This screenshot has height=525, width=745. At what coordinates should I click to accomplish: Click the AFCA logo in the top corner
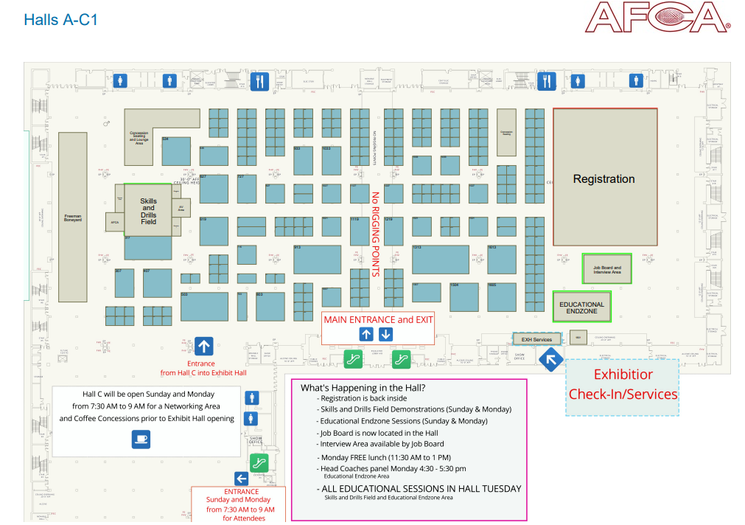pyautogui.click(x=657, y=18)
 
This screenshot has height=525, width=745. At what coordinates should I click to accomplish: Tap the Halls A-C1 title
pyautogui.click(x=60, y=20)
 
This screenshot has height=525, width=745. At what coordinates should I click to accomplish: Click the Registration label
pyautogui.click(x=604, y=178)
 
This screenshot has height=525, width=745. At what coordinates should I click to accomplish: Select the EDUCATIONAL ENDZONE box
pyautogui.click(x=581, y=307)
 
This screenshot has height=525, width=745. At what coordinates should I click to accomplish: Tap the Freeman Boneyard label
pyautogui.click(x=73, y=218)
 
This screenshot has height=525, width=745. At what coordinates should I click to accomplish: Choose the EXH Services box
pyautogui.click(x=536, y=339)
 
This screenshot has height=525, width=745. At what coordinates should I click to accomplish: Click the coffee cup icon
pyautogui.click(x=140, y=439)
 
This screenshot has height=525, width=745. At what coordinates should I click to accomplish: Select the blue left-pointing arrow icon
pyautogui.click(x=240, y=478)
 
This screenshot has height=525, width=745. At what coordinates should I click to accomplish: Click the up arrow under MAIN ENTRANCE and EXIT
pyautogui.click(x=366, y=334)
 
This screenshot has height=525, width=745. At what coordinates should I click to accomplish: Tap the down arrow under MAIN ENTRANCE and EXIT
pyautogui.click(x=386, y=334)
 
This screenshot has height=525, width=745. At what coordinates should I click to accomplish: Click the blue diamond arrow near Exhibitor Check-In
pyautogui.click(x=550, y=360)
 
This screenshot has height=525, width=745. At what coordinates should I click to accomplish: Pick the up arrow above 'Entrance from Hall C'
pyautogui.click(x=204, y=346)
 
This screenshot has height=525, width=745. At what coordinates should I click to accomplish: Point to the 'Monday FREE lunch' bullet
pyautogui.click(x=384, y=458)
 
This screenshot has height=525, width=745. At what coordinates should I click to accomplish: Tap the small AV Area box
pyautogui.click(x=181, y=208)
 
